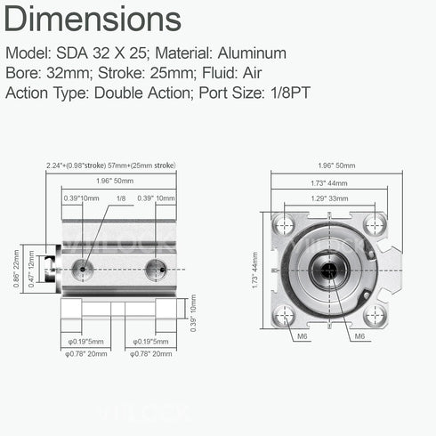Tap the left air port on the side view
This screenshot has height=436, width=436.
[x=83, y=267]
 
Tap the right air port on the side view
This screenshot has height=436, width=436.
[x=156, y=267]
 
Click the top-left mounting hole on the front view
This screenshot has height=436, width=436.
[x=286, y=224]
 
